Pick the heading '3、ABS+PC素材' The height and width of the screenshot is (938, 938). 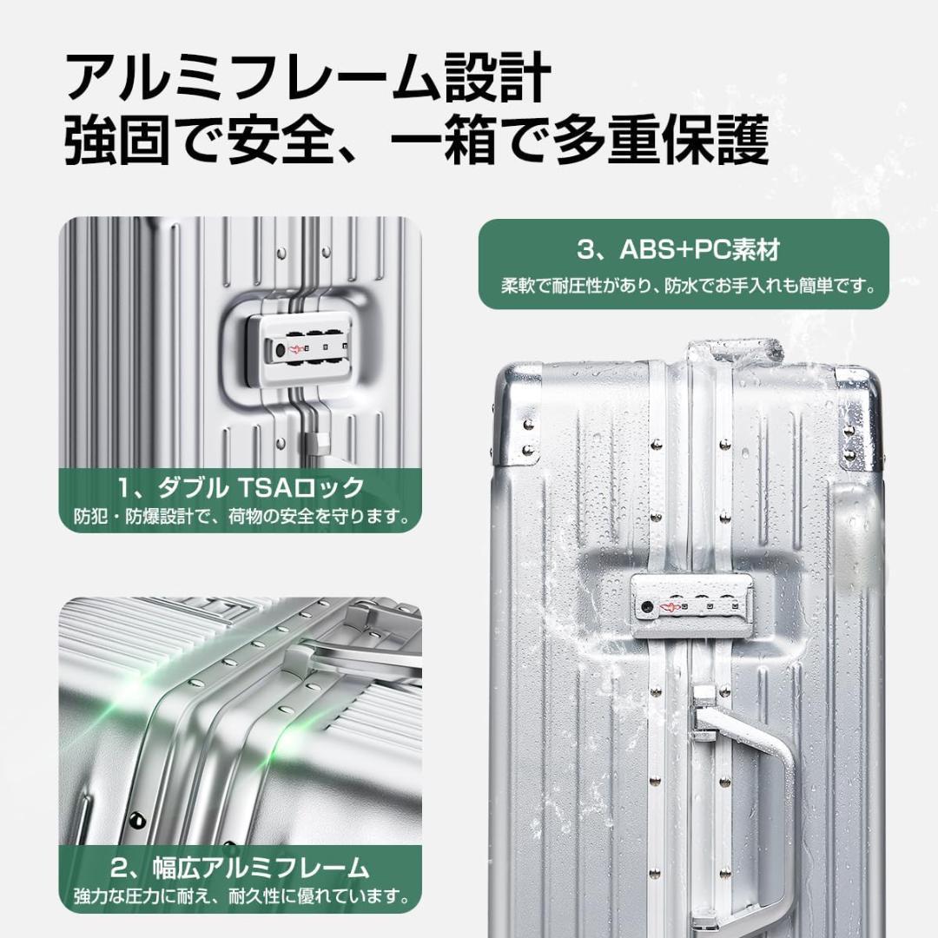[684, 250]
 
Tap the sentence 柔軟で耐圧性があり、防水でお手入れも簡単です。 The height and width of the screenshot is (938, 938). [684, 284]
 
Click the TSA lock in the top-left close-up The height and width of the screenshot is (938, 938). [299, 349]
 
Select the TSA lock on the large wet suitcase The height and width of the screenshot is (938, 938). [687, 605]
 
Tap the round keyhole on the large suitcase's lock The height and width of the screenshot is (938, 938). [647, 606]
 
